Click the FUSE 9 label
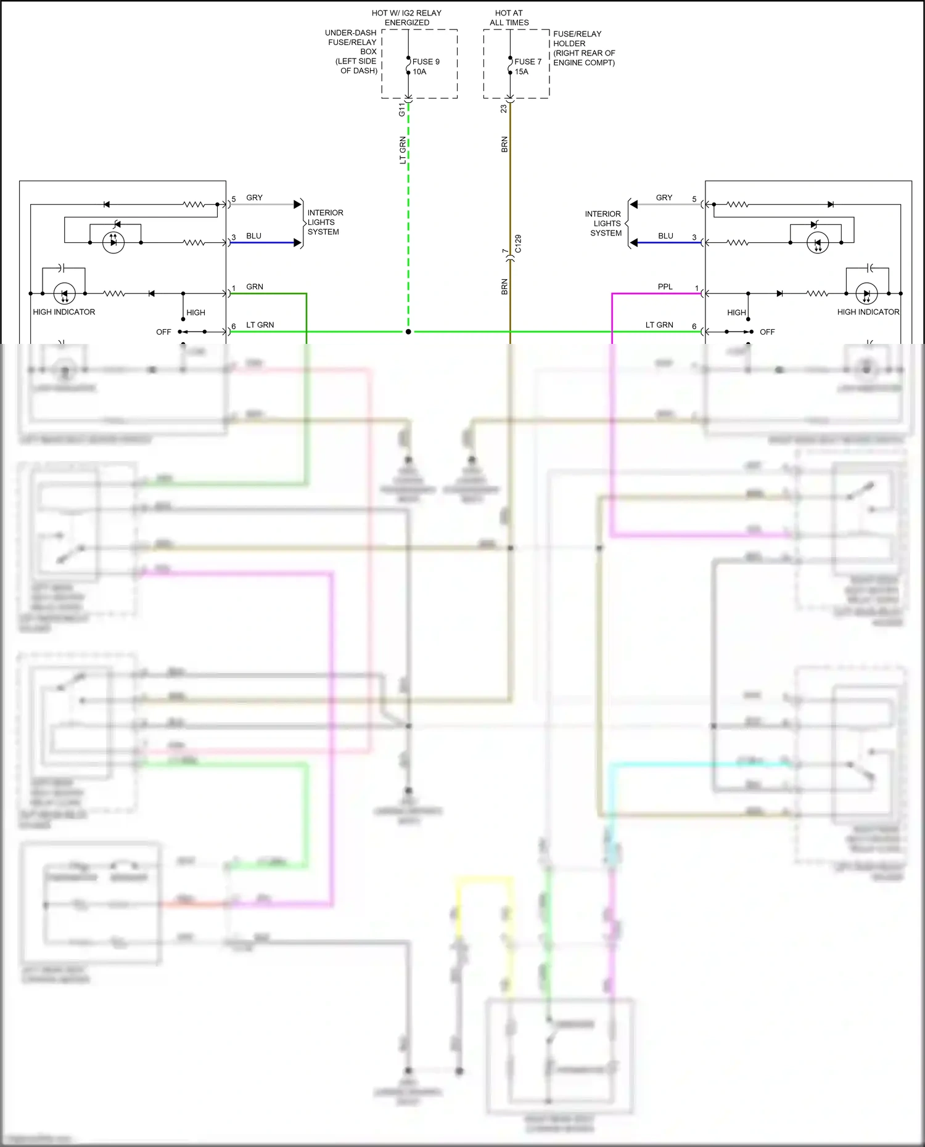(x=425, y=62)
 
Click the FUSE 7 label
(x=528, y=62)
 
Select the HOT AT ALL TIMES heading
(x=509, y=18)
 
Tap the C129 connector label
(x=518, y=243)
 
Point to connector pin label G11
(x=402, y=110)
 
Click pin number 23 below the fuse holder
(x=504, y=108)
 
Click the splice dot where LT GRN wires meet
(x=408, y=332)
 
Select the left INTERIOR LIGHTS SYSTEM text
(x=325, y=222)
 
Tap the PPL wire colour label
(x=665, y=287)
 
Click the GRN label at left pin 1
(x=255, y=287)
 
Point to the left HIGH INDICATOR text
(x=64, y=312)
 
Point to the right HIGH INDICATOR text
(x=868, y=312)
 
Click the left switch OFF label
(x=163, y=332)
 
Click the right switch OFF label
(x=767, y=332)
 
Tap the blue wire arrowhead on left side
(x=298, y=243)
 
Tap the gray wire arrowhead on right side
(x=633, y=204)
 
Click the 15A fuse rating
(x=522, y=71)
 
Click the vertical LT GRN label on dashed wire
(x=403, y=150)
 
